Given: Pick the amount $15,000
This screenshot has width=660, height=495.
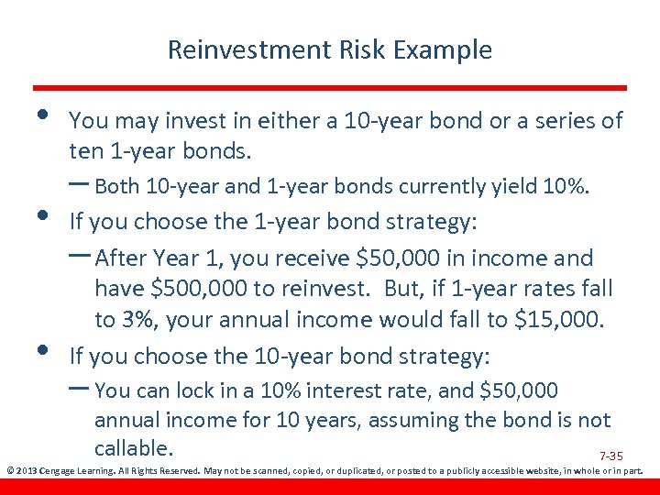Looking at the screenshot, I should pyautogui.click(x=561, y=320).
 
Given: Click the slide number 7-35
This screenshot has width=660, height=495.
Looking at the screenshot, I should pyautogui.click(x=610, y=456).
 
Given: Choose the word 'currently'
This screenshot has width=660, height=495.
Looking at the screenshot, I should pyautogui.click(x=443, y=187).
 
